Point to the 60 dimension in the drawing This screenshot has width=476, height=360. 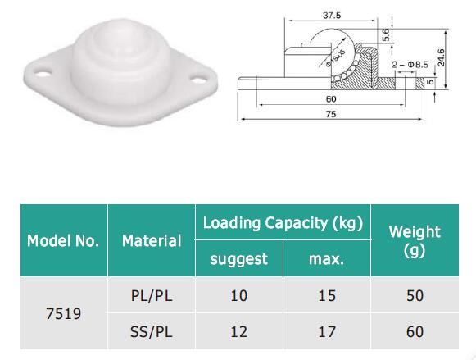[x=331, y=99]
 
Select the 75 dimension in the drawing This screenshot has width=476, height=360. [x=332, y=116]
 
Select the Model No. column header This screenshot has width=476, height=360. [x=63, y=241]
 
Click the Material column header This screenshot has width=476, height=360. [x=152, y=241]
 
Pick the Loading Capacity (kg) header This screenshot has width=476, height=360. [x=283, y=222]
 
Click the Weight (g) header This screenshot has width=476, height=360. [x=414, y=241]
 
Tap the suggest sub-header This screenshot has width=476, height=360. [x=238, y=259]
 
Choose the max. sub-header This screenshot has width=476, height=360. [x=326, y=259]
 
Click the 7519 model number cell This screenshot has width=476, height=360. [x=63, y=313]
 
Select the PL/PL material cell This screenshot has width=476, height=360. [x=152, y=295]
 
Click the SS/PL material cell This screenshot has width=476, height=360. [x=152, y=331]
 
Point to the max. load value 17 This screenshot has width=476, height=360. [x=326, y=331]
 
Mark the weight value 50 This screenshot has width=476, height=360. [x=414, y=295]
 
